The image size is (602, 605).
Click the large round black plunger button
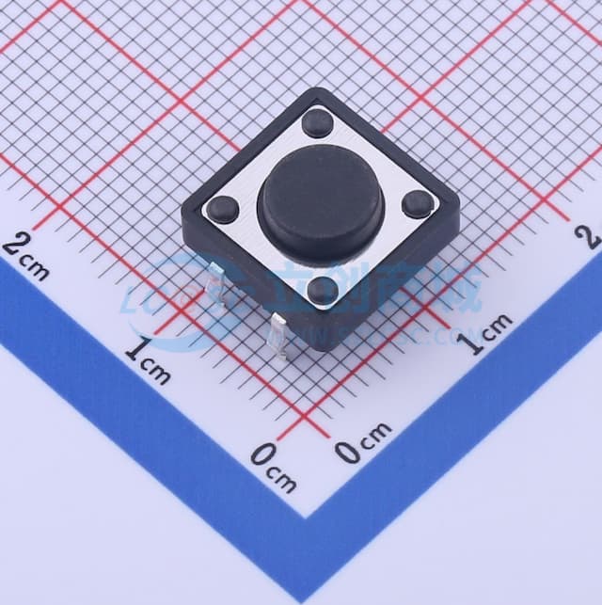tap(321, 203)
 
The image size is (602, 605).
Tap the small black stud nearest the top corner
tap(317, 122)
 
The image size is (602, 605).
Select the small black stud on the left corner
tap(223, 208)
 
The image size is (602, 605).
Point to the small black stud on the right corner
tap(416, 203)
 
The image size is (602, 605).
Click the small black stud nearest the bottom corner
tap(323, 290)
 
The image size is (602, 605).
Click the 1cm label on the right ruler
tap(490, 332)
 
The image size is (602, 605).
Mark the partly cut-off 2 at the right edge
tap(593, 235)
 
